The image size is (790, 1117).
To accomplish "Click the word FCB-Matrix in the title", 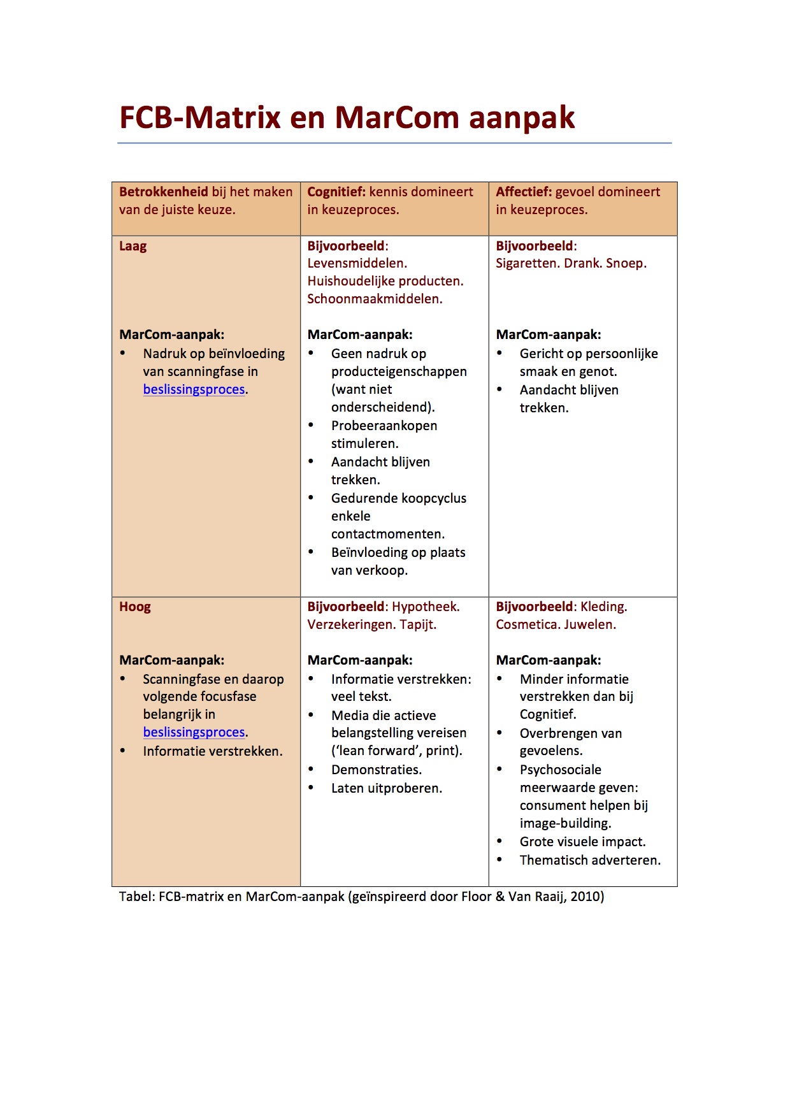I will [200, 118].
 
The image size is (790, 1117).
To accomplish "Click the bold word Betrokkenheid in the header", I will [164, 192].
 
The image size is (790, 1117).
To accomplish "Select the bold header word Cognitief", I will [336, 192].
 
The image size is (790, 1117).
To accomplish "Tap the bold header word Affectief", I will [524, 192].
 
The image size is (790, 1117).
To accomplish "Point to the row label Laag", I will [133, 247].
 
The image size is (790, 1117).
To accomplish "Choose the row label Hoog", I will [135, 607].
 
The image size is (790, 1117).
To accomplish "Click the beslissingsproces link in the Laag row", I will [194, 389].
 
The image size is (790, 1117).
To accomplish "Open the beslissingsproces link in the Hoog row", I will [194, 732].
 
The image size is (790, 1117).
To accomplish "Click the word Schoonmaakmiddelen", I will [374, 299].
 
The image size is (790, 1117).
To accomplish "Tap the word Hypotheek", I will [426, 607].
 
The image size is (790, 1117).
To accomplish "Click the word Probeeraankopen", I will [384, 426].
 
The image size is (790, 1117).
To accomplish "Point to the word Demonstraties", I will [376, 770].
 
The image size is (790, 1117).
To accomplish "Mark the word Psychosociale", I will [561, 770].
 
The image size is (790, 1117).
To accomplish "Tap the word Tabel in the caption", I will [136, 897].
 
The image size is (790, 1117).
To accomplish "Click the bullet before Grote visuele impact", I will [500, 841].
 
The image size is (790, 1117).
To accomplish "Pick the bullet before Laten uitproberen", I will [312, 788].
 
